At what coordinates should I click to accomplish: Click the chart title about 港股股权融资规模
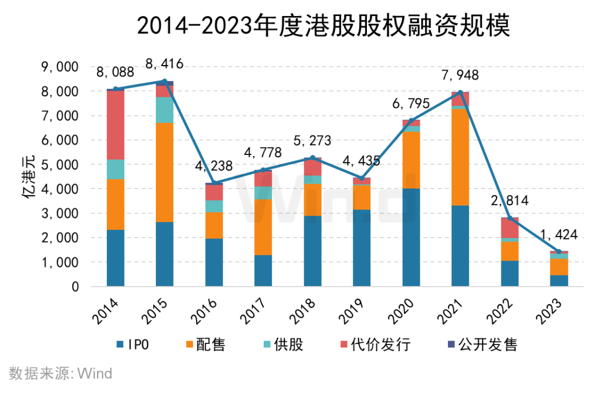click(323, 26)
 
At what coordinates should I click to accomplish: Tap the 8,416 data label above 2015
click(164, 64)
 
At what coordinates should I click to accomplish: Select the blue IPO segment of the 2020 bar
click(411, 238)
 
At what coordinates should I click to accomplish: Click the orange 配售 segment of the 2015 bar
click(165, 173)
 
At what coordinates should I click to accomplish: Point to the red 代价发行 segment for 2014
click(115, 125)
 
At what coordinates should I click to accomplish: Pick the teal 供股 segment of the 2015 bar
click(165, 110)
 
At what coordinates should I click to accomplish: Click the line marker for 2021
click(460, 93)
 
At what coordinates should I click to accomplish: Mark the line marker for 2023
click(559, 251)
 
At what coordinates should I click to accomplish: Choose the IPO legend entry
click(132, 344)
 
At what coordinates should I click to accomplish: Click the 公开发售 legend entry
click(482, 344)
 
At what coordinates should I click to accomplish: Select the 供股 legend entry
click(284, 344)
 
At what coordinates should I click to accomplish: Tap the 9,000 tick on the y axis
click(60, 67)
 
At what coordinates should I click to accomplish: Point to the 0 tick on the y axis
click(75, 287)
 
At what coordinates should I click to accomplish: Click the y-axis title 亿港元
click(29, 176)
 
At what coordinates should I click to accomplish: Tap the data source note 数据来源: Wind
click(61, 373)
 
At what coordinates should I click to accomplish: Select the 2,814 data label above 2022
click(510, 201)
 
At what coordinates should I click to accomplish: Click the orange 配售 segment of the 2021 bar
click(460, 157)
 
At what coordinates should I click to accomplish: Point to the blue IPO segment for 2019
click(361, 248)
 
